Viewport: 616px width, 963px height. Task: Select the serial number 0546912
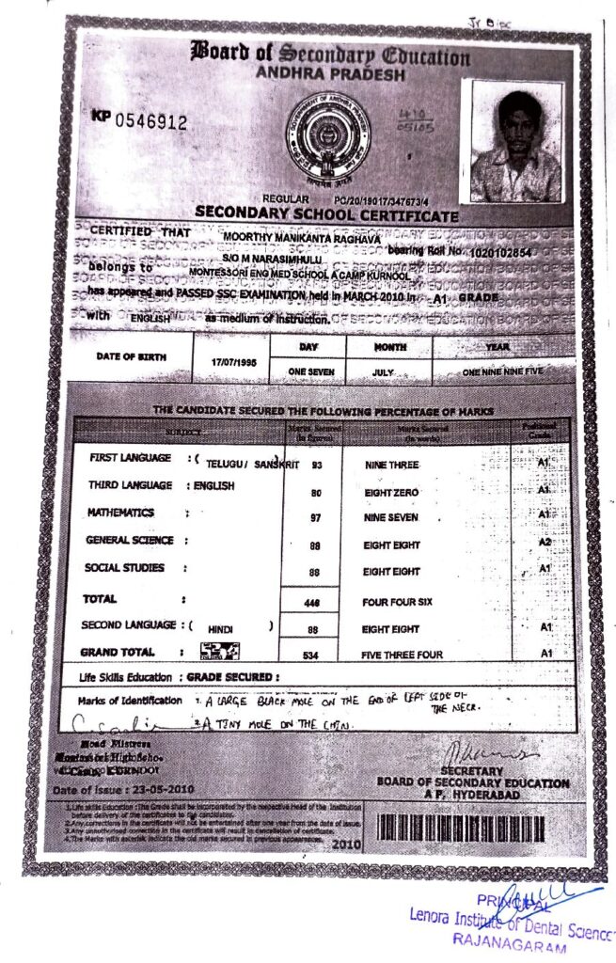pyautogui.click(x=150, y=122)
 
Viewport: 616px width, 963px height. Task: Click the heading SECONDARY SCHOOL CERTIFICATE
pyautogui.click(x=326, y=215)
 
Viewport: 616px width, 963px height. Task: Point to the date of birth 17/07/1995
pyautogui.click(x=227, y=362)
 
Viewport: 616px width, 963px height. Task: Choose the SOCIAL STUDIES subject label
pyautogui.click(x=124, y=568)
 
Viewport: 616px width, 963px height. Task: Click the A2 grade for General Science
pyautogui.click(x=544, y=543)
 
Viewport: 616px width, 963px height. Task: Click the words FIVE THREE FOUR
pyautogui.click(x=403, y=655)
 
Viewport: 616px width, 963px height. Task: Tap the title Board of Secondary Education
pyautogui.click(x=330, y=54)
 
